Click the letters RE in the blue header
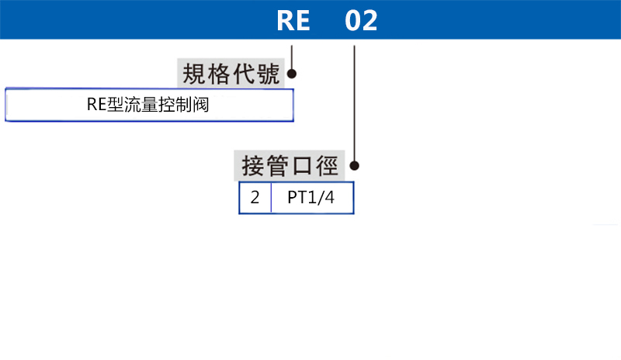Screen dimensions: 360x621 pos(293,20)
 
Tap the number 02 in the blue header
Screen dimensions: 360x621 pos(361,20)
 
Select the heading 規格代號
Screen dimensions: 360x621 pos(231,74)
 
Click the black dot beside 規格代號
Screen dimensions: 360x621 pos(293,74)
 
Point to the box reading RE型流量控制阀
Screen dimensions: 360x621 pos(149,105)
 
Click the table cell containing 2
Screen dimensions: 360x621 pos(255,198)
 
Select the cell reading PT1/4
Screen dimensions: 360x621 pos(312,198)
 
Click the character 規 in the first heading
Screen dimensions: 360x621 pos(193,74)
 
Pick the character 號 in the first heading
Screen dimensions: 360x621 pos(269,74)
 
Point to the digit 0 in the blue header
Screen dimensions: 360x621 pos(352,20)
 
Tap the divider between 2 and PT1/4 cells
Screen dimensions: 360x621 pos(271,198)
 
